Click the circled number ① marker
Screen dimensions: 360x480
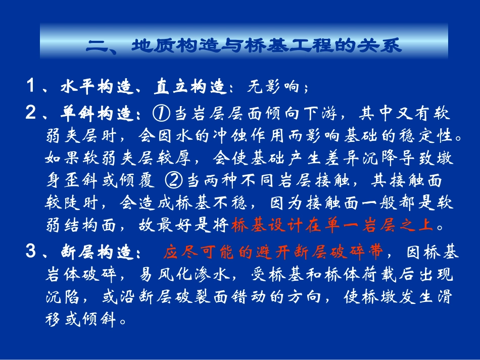pos(160,114)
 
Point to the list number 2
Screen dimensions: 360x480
pos(31,114)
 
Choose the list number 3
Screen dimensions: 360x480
pos(31,252)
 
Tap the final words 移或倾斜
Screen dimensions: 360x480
pos(81,320)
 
